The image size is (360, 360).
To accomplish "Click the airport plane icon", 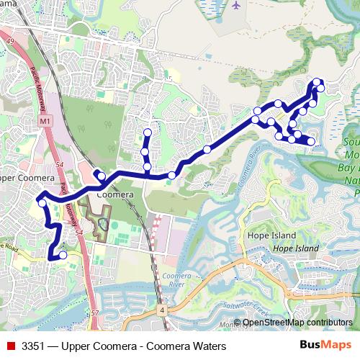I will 237,5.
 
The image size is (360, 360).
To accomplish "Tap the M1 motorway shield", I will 45,122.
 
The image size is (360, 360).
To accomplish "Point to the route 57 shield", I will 96,314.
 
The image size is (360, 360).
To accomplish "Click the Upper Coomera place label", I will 27,178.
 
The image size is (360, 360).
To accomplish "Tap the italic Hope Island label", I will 295,248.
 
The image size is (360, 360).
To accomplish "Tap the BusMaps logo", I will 325,346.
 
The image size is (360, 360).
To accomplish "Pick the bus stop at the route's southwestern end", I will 63,255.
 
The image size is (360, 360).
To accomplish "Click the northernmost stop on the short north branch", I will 148,132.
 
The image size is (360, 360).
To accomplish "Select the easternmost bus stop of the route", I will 320,88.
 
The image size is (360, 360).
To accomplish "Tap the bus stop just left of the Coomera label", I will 102,176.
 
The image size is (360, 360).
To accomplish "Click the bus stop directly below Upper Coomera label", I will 42,203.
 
